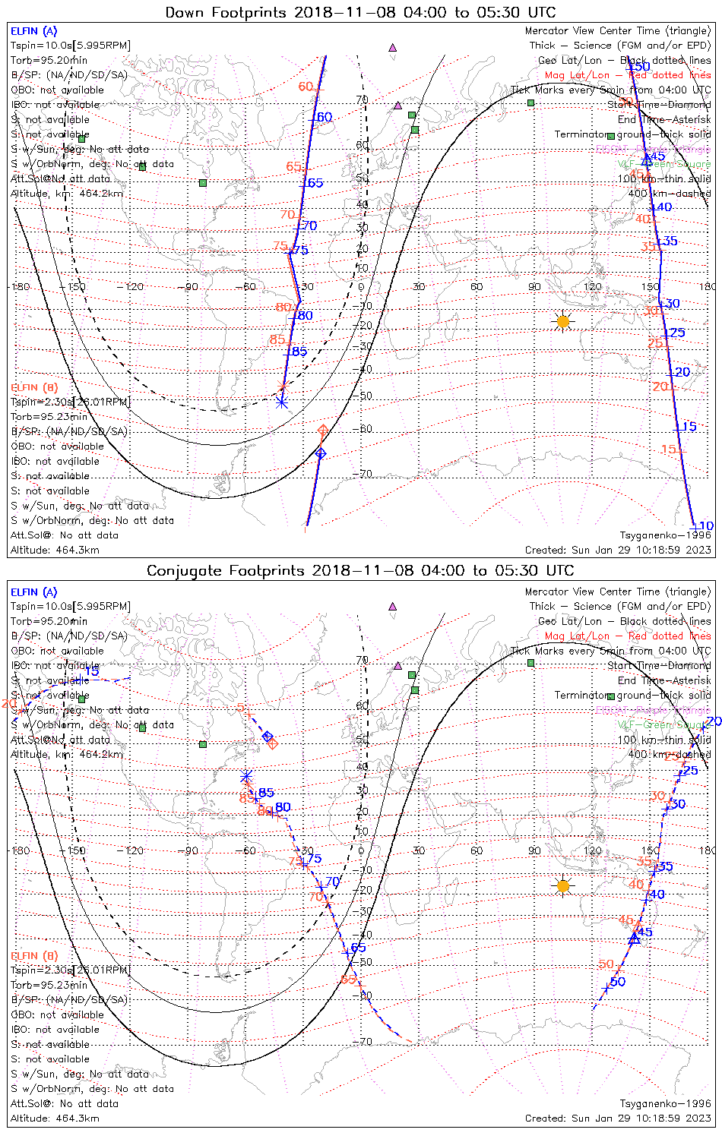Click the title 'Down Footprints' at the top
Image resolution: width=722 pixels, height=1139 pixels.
tap(360, 12)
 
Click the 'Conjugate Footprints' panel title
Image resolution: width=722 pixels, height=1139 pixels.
tap(360, 571)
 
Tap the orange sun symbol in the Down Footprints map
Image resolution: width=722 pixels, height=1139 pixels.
tap(562, 322)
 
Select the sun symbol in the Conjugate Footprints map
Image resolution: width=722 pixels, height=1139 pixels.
tap(562, 885)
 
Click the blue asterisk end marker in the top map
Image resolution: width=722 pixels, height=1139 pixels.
tap(282, 402)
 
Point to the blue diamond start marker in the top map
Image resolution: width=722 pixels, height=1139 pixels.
tap(321, 454)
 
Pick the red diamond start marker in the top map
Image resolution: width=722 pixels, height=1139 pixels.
tap(323, 431)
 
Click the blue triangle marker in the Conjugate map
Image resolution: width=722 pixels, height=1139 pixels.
tap(635, 939)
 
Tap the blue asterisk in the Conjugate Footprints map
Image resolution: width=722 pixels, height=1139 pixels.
tap(246, 776)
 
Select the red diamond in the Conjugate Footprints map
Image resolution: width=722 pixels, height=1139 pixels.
tap(272, 743)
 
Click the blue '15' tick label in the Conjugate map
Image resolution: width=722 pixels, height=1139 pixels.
tap(92, 671)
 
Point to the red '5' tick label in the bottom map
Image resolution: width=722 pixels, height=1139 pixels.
tap(240, 708)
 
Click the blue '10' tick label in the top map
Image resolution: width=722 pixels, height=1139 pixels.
tap(706, 526)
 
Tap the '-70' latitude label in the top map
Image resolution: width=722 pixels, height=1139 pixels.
tap(365, 475)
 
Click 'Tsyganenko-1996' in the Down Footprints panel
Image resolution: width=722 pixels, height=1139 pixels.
tap(665, 535)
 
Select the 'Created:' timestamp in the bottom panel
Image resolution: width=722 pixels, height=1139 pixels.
tap(618, 1118)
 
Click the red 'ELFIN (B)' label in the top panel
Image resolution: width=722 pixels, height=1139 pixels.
tap(34, 387)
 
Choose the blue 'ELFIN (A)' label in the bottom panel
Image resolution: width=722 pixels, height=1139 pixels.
tap(34, 592)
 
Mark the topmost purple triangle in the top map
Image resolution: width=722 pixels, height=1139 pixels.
tap(393, 47)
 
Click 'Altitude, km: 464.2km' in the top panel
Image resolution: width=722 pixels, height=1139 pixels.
tap(67, 194)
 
